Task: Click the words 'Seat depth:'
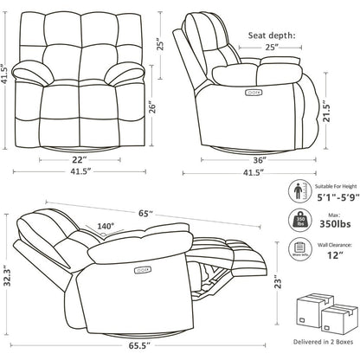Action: pyautogui.click(x=272, y=35)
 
